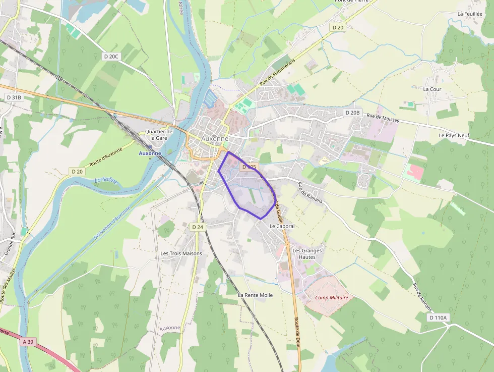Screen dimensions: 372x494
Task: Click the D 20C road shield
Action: tap(111, 56)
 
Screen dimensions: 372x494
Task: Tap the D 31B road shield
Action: tap(14, 97)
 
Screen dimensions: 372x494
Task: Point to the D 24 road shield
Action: tap(198, 227)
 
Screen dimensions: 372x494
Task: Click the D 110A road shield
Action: tap(438, 317)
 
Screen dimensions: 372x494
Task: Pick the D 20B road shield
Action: tap(353, 112)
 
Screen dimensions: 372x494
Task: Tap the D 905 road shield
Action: tap(249, 167)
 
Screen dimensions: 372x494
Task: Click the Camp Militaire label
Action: tap(332, 298)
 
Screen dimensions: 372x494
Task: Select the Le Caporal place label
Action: tap(282, 226)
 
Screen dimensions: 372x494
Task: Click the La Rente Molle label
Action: tap(255, 295)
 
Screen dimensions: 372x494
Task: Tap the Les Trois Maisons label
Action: tap(181, 253)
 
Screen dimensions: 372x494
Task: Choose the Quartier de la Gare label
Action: tap(158, 135)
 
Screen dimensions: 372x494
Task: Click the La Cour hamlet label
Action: tap(432, 89)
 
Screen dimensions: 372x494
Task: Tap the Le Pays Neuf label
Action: tap(454, 136)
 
